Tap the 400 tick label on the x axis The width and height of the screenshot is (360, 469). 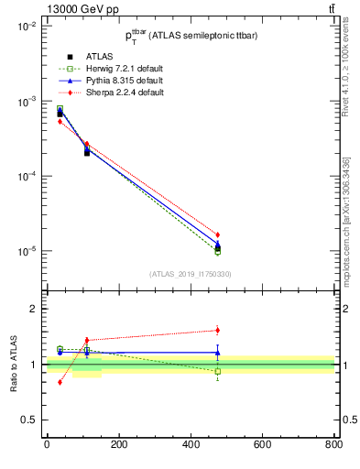(x=190, y=445)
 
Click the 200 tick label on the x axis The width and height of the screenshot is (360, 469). (x=118, y=445)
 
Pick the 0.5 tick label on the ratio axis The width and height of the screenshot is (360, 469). (x=29, y=420)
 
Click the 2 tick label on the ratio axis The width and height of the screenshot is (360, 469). (x=34, y=309)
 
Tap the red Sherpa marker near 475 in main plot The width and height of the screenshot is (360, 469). (x=217, y=234)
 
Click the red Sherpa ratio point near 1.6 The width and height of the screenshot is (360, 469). (x=217, y=330)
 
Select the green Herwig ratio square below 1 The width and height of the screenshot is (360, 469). (x=217, y=371)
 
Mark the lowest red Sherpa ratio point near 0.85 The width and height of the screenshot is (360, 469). (x=60, y=382)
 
